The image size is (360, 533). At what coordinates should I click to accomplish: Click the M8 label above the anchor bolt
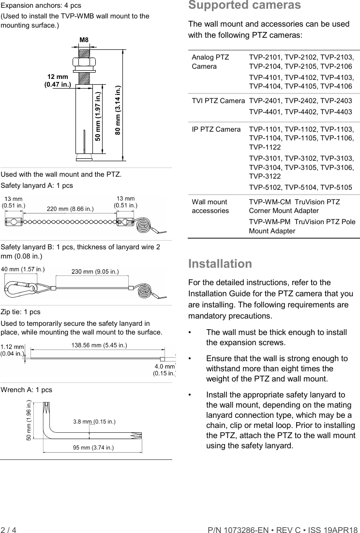[x=84, y=39]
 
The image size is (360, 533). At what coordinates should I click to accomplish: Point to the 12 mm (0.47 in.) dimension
[x=58, y=81]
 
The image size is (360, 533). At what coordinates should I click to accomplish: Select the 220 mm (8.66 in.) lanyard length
[x=70, y=209]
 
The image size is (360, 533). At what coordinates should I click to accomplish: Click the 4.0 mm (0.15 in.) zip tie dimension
[x=164, y=370]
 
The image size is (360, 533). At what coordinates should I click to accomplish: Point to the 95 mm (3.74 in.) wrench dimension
[x=93, y=447]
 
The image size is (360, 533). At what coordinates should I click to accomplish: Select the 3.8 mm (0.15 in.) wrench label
[x=94, y=421]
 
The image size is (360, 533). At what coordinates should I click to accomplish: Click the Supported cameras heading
[x=244, y=6]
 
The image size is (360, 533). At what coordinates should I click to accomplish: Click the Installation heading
[x=220, y=264]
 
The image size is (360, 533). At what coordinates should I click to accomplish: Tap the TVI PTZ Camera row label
[x=218, y=101]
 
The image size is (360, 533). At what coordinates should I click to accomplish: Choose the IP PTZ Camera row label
[x=216, y=129]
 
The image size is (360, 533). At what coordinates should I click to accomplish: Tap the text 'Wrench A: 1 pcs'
[x=27, y=390]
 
